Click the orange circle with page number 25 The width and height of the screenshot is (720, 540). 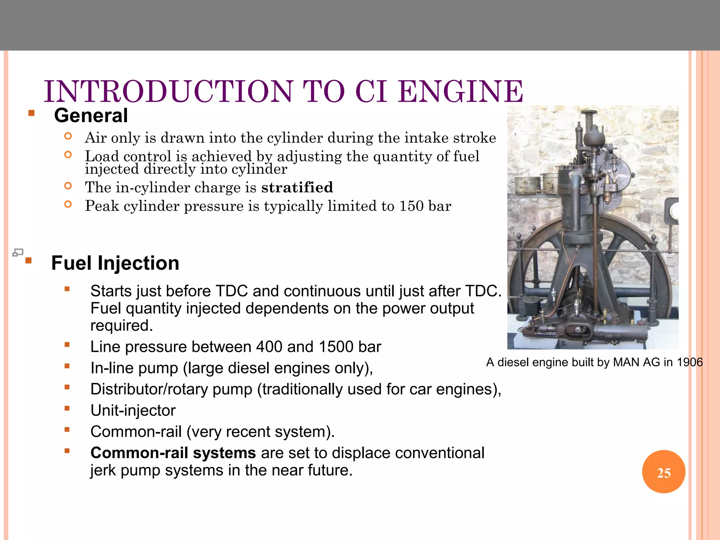663,472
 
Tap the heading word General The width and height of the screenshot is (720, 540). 91,116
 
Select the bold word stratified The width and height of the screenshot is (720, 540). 297,187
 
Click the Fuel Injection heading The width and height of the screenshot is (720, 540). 115,263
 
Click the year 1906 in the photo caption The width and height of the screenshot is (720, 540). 689,362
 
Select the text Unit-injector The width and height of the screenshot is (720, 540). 133,410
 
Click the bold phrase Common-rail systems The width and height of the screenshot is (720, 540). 173,453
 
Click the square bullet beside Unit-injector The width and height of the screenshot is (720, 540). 67,409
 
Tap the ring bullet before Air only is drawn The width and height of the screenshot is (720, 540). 68,136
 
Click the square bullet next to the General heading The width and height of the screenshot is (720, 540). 32,113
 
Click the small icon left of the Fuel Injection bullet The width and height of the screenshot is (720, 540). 18,252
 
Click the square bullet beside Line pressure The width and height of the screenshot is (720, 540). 67,345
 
